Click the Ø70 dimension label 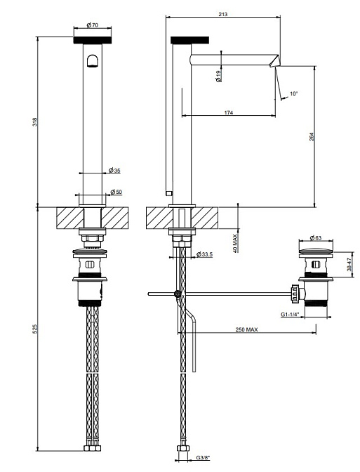[93, 25]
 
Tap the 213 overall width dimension [223, 14]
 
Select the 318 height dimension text [35, 122]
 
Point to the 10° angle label [293, 93]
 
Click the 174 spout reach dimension [229, 113]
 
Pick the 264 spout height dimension [312, 137]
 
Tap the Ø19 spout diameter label [219, 76]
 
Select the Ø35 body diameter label [114, 171]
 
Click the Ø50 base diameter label [116, 192]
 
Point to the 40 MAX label [235, 243]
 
